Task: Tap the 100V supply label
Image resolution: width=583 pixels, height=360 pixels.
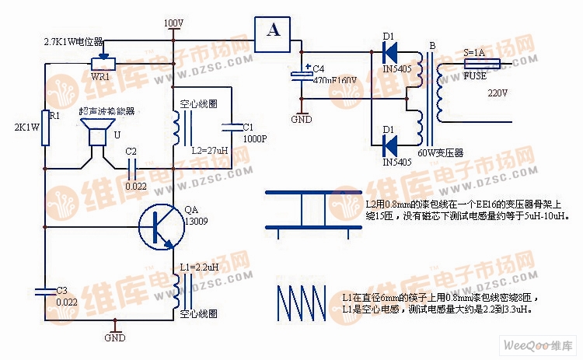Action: coord(173,23)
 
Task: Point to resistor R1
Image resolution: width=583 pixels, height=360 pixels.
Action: coord(46,128)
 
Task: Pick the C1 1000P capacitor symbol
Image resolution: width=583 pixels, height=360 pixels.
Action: coord(231,126)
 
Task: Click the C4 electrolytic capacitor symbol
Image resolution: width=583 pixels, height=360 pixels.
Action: coord(301,75)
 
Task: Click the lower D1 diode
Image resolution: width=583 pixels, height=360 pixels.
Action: coord(389,144)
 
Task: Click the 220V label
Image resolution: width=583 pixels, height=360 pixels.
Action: coord(497,93)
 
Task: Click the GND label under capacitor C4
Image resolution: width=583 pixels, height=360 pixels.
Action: coord(301,120)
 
